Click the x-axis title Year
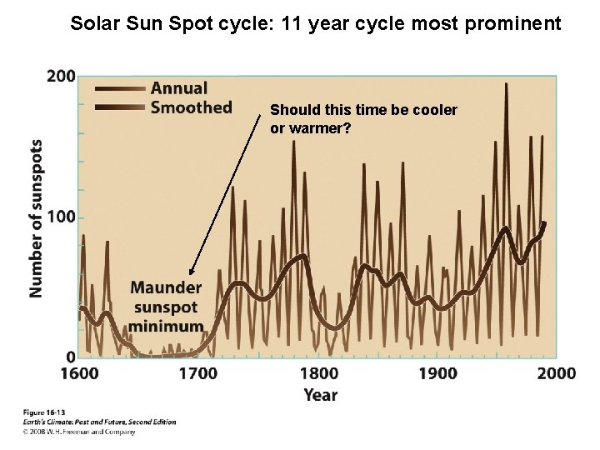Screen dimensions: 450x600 [x=321, y=395]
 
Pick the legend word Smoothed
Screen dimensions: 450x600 [x=191, y=107]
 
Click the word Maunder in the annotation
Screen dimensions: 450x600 [x=166, y=287]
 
